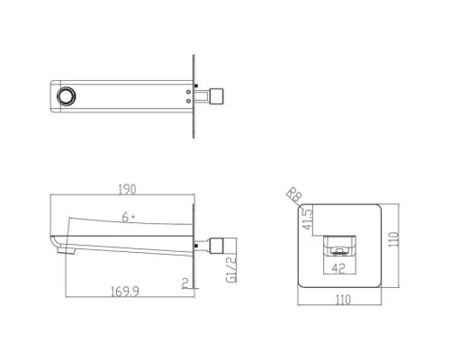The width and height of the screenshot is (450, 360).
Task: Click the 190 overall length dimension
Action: point(127,189)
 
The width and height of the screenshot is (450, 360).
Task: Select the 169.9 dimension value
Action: point(125,292)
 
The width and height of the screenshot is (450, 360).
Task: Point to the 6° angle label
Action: point(128,217)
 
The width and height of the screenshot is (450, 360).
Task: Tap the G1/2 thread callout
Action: point(231,269)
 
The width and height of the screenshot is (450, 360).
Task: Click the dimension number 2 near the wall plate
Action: point(185,283)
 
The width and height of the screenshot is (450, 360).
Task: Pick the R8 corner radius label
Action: point(294,194)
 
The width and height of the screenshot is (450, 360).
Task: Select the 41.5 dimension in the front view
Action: point(308,220)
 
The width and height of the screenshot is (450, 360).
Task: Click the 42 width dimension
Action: point(338,268)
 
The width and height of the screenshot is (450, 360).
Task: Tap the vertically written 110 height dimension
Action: point(393,239)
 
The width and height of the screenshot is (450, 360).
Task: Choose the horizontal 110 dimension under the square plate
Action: point(343,300)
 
